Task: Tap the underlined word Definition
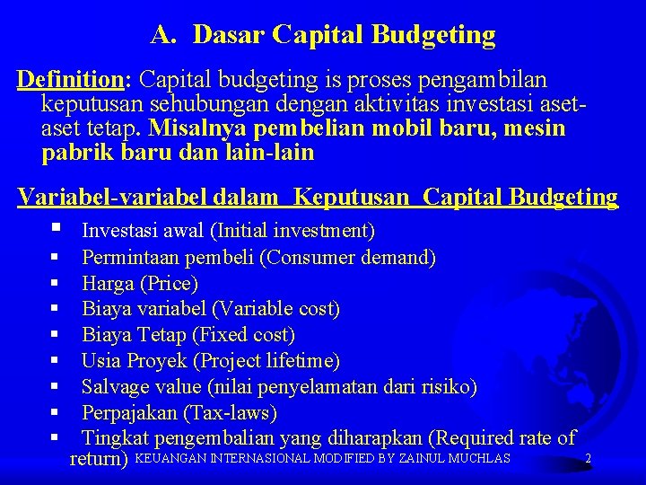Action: (70, 80)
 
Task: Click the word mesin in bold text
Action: (536, 128)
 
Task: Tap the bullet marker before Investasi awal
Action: (57, 230)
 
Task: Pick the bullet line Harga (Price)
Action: (139, 284)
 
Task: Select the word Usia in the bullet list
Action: (100, 361)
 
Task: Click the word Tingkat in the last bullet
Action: (115, 438)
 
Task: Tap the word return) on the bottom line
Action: (99, 460)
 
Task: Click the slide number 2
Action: (588, 459)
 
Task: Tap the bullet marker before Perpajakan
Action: (56, 413)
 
